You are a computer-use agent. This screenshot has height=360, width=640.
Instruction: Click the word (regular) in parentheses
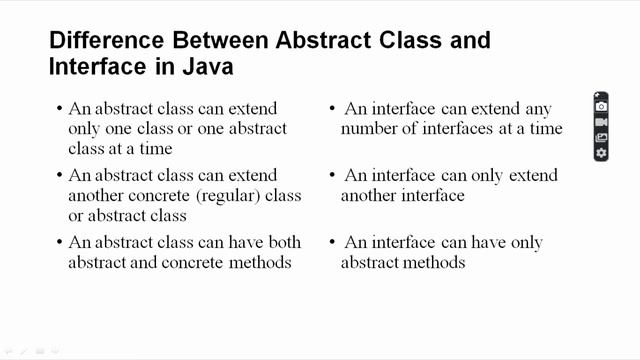click(239, 195)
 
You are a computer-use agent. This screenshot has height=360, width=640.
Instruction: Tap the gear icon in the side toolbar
click(601, 153)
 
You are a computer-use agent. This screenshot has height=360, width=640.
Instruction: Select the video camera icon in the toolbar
click(601, 122)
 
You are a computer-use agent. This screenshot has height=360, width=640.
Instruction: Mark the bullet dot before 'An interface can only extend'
click(332, 175)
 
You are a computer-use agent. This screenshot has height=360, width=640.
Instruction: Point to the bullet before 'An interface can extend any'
click(332, 108)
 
